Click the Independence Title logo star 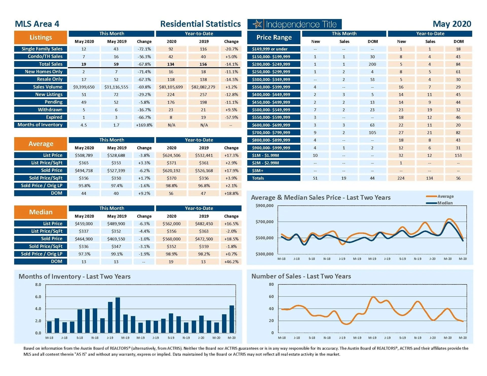pyautogui.click(x=257, y=24)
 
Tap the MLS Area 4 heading pyautogui.click(x=37, y=24)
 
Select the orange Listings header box pyautogui.click(x=41, y=38)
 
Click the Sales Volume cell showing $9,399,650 pyautogui.click(x=84, y=87)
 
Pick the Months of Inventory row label pyautogui.click(x=40, y=125)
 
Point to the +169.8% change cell pyautogui.click(x=144, y=125)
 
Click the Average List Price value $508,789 pyautogui.click(x=84, y=155)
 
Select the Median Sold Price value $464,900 pyautogui.click(x=84, y=239)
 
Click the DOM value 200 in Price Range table pyautogui.click(x=372, y=64)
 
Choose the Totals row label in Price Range pyautogui.click(x=258, y=178)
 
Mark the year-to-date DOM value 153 pyautogui.click(x=458, y=155)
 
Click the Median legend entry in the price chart pyautogui.click(x=445, y=203)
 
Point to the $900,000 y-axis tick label pyautogui.click(x=264, y=205)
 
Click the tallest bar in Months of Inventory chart pyautogui.click(x=118, y=315)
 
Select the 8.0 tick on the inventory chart pyautogui.click(x=38, y=284)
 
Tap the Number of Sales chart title pyautogui.click(x=301, y=276)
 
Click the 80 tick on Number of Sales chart pyautogui.click(x=271, y=284)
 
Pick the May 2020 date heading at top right pyautogui.click(x=452, y=24)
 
